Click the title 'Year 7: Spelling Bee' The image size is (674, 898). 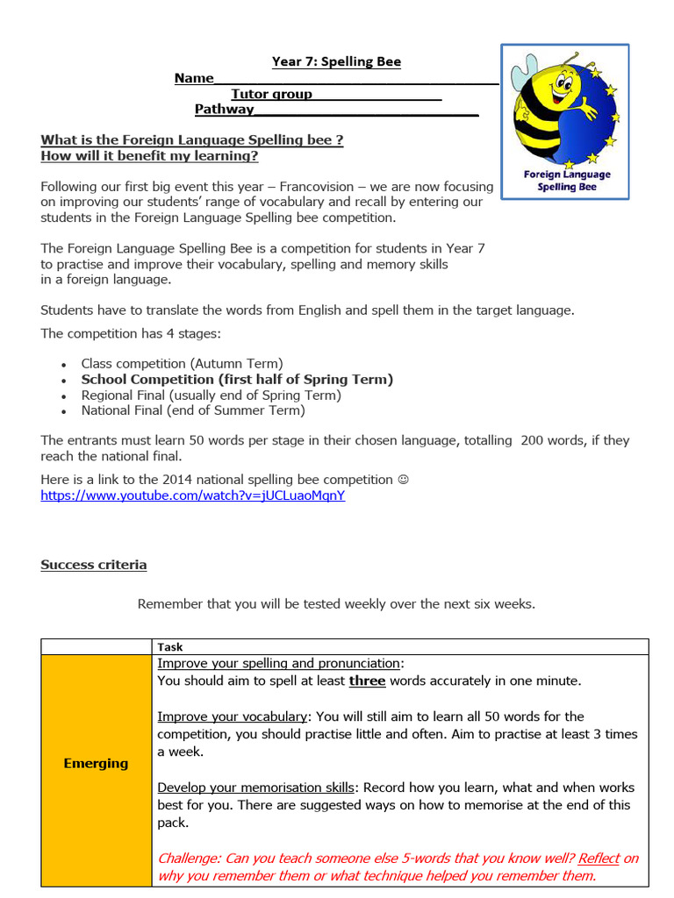click(x=336, y=61)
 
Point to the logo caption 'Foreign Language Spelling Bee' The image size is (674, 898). click(x=566, y=181)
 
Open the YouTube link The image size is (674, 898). click(x=193, y=495)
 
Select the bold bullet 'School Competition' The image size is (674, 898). click(x=237, y=380)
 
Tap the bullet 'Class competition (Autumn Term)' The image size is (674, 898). click(x=182, y=363)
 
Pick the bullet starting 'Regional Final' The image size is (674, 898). click(x=211, y=396)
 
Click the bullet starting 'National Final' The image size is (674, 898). click(x=193, y=410)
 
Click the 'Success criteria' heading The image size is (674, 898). click(x=94, y=565)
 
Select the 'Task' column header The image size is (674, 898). click(x=170, y=647)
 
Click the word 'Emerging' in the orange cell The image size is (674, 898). click(x=96, y=763)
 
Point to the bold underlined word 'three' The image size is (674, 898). click(x=367, y=681)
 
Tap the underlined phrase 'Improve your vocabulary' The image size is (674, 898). click(x=233, y=716)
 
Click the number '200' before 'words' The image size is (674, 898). click(x=532, y=440)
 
